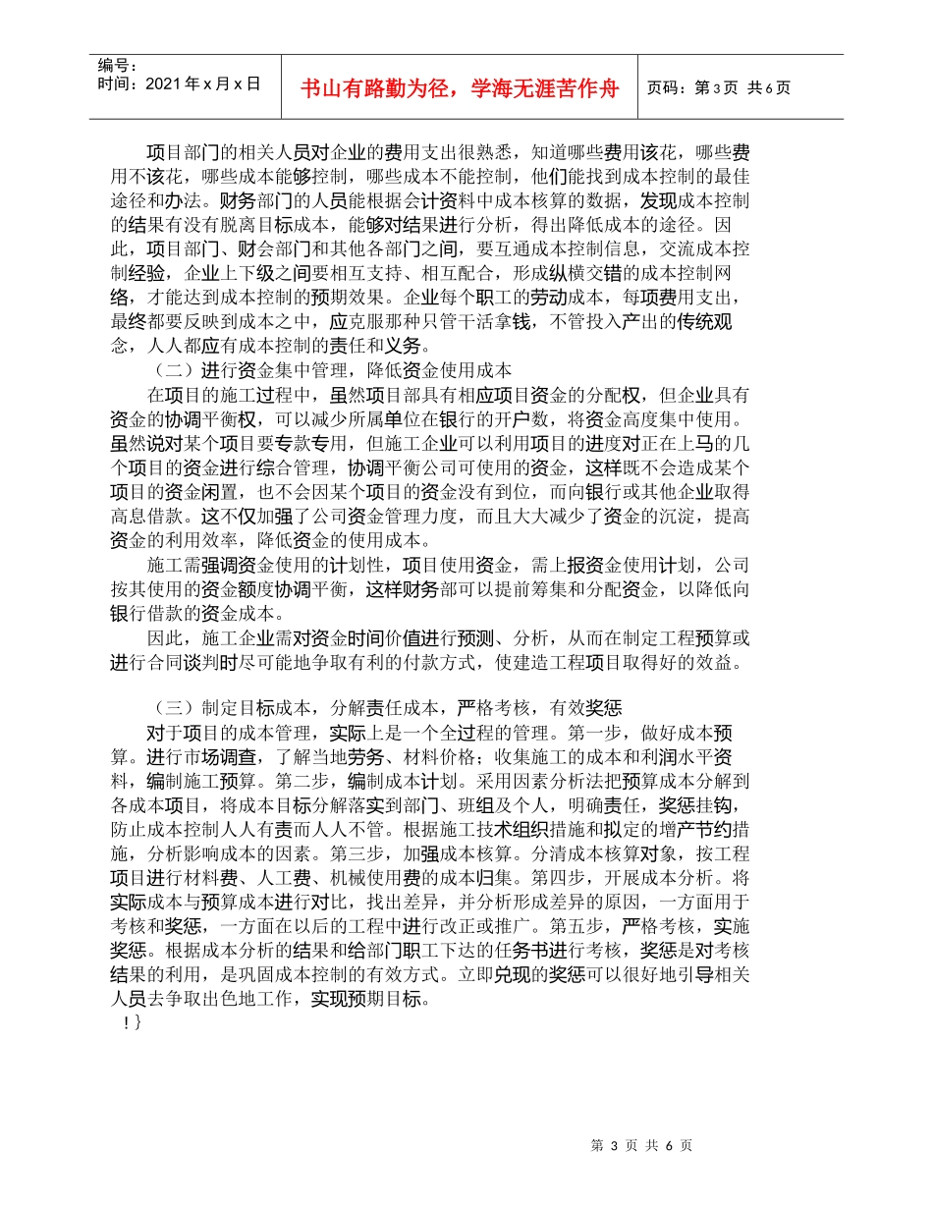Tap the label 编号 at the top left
(118, 65)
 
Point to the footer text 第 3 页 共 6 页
(644, 1145)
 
